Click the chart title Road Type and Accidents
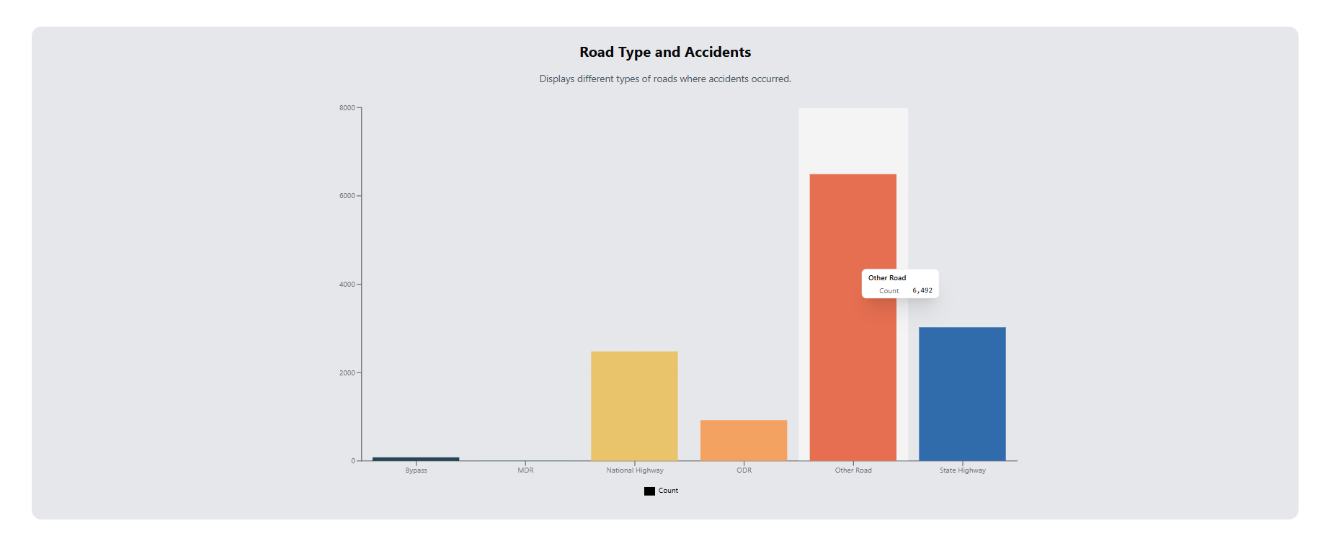[664, 52]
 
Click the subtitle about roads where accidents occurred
[664, 79]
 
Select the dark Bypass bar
[416, 458]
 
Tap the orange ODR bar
[744, 440]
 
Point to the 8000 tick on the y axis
[347, 108]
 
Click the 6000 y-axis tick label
[347, 196]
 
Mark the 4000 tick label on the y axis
[347, 285]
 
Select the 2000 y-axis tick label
[347, 373]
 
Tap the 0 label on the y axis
[353, 461]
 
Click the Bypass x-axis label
[416, 470]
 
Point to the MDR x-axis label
[525, 470]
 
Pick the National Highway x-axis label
[634, 470]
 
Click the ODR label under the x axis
[744, 470]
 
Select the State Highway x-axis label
[962, 470]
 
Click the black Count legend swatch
[649, 491]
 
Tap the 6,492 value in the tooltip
[922, 291]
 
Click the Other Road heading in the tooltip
[886, 278]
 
